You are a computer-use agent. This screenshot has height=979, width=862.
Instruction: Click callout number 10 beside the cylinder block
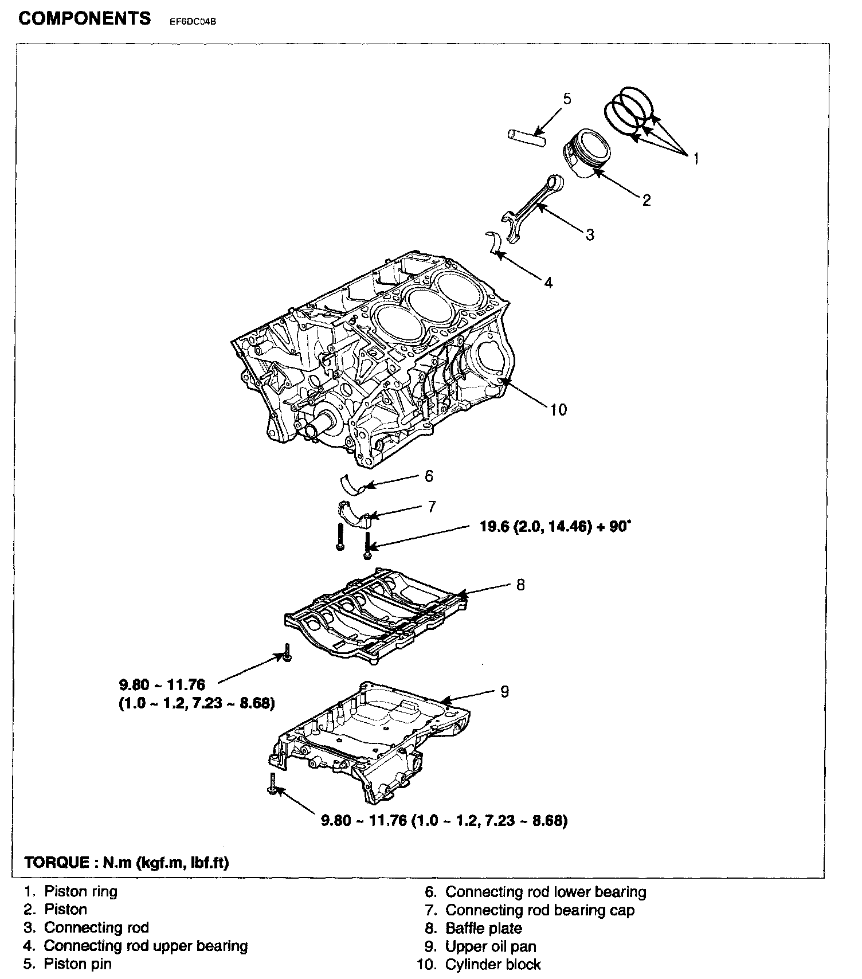point(558,409)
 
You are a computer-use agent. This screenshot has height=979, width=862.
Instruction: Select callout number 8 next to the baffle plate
point(520,585)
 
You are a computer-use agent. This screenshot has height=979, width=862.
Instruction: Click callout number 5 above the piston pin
point(567,99)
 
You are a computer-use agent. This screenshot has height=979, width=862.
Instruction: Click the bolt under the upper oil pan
point(272,782)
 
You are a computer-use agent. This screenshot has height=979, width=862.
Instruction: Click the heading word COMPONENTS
point(85,18)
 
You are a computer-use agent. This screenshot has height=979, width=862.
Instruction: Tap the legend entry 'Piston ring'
point(81,892)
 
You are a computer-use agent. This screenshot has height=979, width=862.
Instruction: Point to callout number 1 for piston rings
point(696,158)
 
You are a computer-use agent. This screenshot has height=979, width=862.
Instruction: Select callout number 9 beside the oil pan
point(504,692)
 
